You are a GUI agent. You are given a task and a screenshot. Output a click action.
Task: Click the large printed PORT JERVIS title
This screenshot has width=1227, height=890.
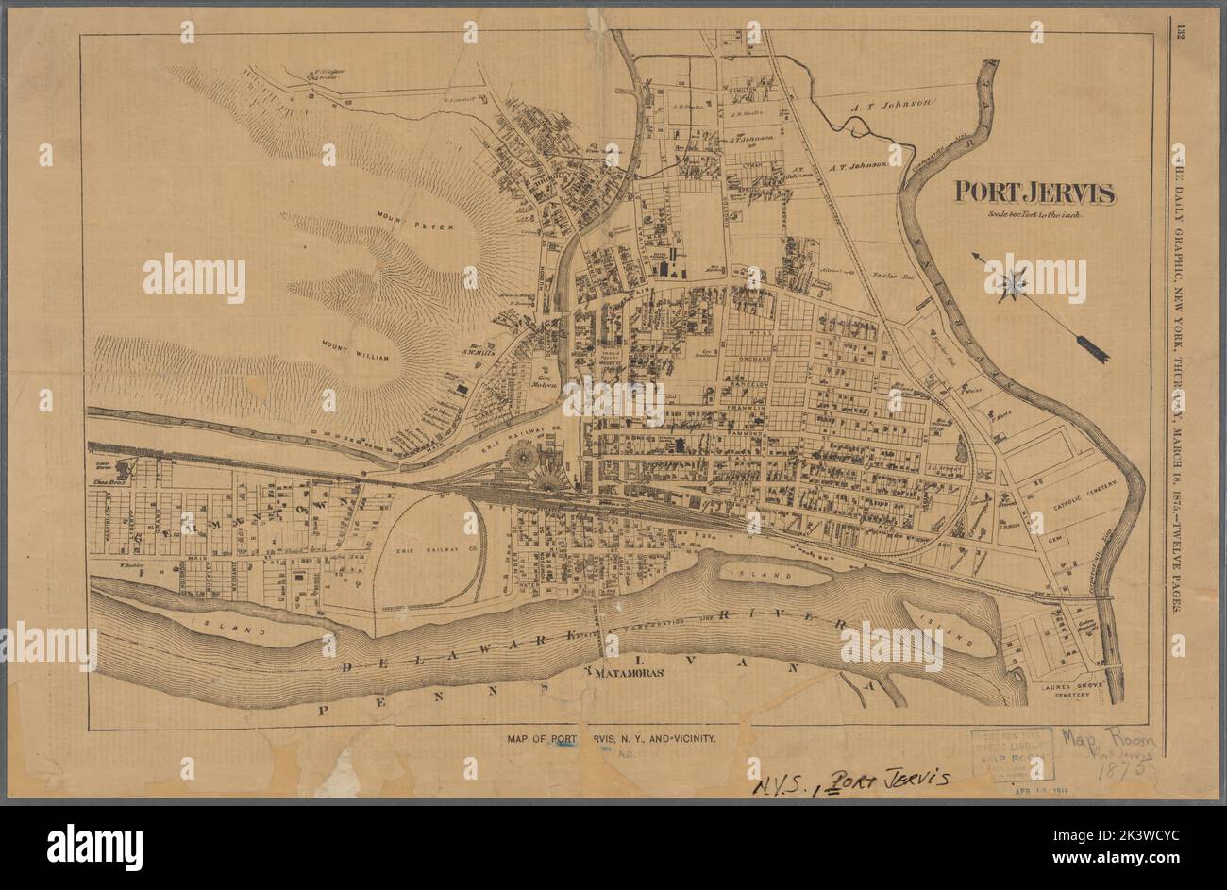(x=1034, y=193)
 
